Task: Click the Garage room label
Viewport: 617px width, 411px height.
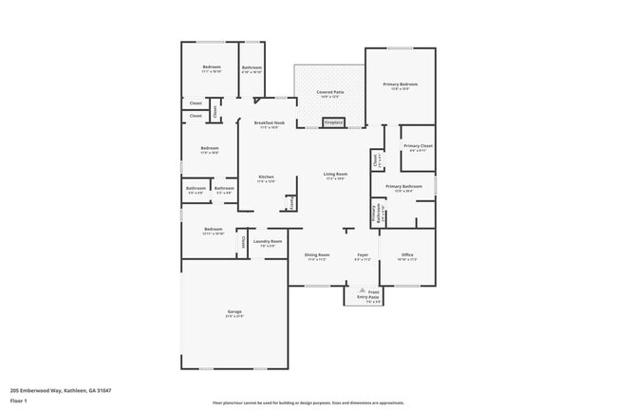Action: tap(234, 312)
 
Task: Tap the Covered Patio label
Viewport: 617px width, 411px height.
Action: tap(330, 92)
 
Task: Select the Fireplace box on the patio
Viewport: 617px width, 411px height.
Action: tap(333, 122)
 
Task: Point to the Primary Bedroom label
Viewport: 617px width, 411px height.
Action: tap(402, 85)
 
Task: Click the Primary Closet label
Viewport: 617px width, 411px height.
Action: tap(418, 146)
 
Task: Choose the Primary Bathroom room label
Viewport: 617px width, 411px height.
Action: tap(403, 187)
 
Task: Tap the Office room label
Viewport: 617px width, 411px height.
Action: tap(407, 255)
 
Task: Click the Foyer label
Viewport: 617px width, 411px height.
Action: tap(363, 255)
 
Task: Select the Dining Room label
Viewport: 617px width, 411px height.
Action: tap(317, 255)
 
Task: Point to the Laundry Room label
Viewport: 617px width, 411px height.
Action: tap(268, 242)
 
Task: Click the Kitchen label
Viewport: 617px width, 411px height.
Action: tap(266, 177)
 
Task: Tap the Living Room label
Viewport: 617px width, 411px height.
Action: tap(335, 175)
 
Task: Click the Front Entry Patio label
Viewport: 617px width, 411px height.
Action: tap(367, 294)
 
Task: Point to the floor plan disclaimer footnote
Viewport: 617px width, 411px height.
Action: tap(308, 403)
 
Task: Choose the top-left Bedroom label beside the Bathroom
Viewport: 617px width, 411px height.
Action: tap(211, 67)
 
